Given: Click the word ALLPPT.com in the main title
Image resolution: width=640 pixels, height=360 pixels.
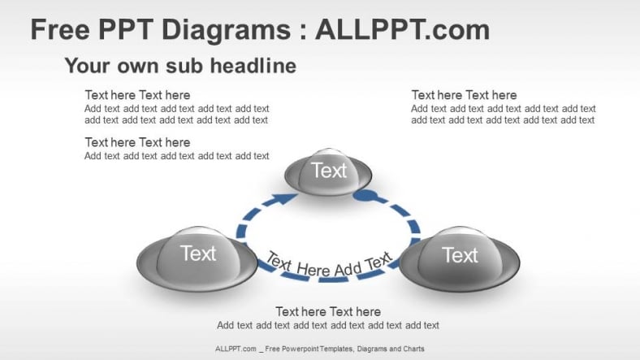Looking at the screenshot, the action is click(x=402, y=30).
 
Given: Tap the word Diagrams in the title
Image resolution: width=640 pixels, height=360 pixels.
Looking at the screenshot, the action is click(x=226, y=31).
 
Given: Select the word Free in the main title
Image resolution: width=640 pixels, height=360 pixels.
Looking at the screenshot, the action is click(x=60, y=29).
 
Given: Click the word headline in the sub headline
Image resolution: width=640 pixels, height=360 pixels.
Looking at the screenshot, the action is click(x=253, y=65).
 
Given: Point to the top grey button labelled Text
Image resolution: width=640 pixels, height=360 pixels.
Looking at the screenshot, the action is click(x=328, y=171).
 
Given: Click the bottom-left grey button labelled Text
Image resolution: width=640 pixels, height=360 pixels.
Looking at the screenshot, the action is click(x=197, y=258).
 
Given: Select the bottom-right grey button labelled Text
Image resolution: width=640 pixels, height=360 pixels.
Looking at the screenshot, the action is click(x=460, y=258).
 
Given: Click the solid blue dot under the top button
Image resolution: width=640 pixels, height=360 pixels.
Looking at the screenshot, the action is click(x=365, y=196).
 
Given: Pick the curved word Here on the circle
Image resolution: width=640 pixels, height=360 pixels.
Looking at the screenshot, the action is click(x=314, y=270).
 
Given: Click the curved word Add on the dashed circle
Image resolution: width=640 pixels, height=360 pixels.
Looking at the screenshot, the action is click(x=348, y=269).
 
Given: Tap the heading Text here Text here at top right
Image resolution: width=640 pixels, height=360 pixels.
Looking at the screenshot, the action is click(x=464, y=95).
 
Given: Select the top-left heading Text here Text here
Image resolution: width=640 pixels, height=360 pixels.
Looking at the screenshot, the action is click(x=137, y=95).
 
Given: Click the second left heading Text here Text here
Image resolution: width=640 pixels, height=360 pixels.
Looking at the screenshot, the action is click(x=137, y=142).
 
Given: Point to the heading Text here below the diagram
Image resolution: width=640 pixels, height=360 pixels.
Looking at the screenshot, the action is click(x=328, y=312).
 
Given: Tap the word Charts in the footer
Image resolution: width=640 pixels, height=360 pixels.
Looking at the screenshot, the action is click(x=414, y=349).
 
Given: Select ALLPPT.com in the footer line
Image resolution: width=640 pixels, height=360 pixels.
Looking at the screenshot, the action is click(x=236, y=349).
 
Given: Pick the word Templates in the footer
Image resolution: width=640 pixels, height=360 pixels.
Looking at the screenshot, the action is click(x=338, y=349).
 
